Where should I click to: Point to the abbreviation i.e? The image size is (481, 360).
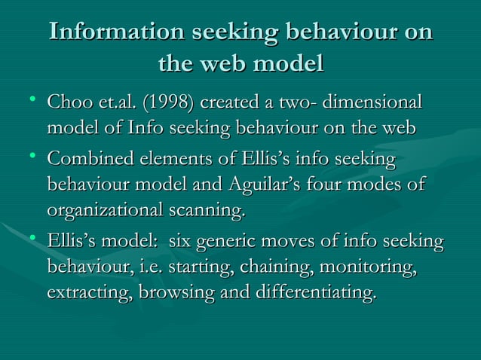pyautogui.click(x=158, y=267)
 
